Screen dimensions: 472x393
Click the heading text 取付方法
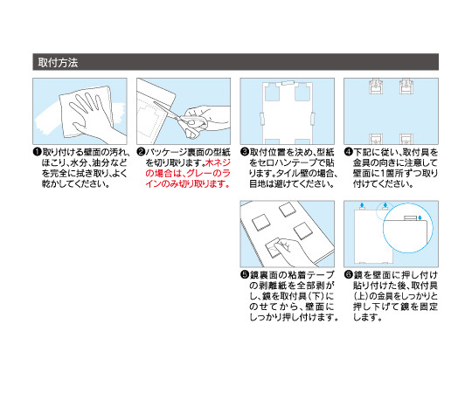tap(58, 63)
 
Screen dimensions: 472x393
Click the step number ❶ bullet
tap(37, 152)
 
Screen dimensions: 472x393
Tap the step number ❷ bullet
tap(141, 152)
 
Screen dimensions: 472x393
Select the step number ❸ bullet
tap(245, 152)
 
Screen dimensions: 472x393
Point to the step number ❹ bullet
tap(349, 152)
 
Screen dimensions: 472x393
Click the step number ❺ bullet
tap(245, 274)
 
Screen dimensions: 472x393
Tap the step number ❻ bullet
tap(349, 274)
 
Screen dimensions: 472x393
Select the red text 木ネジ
tap(218, 162)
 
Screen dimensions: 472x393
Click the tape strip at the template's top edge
tap(288, 83)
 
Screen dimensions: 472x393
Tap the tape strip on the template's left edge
tap(261, 119)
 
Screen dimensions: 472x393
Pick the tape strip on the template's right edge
tap(313, 119)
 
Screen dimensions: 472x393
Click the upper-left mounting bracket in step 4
tap(376, 87)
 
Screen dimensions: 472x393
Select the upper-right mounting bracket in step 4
tap(406, 87)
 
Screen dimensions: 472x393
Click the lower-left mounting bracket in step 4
tap(376, 139)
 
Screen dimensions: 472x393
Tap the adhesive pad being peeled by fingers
tap(274, 248)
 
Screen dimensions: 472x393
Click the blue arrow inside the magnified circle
tap(420, 217)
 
